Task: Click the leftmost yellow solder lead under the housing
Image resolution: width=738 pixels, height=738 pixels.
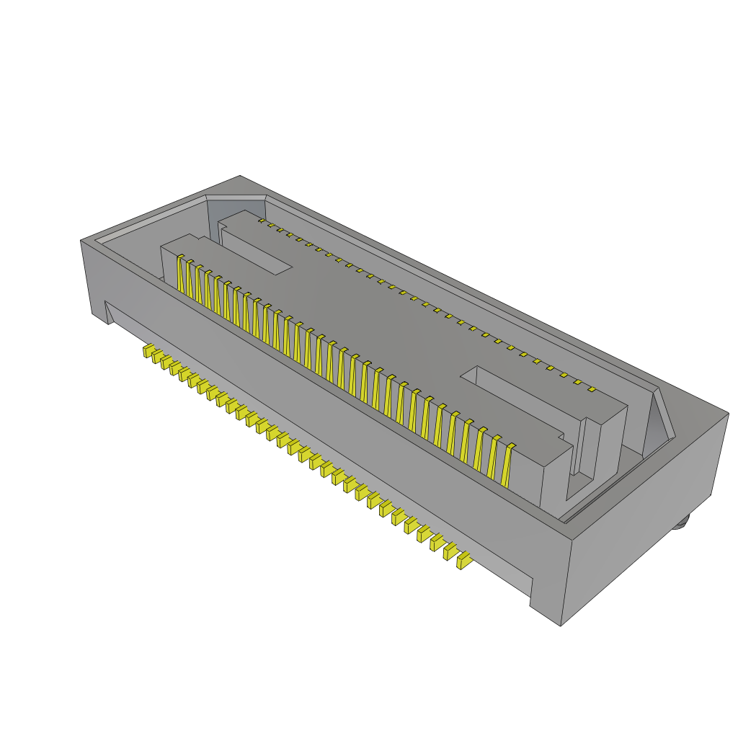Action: click(148, 352)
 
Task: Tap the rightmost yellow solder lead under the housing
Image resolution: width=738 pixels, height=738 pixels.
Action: click(463, 560)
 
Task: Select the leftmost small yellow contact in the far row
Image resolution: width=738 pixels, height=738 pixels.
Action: click(261, 222)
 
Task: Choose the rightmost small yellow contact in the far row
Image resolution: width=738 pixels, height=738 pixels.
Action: click(591, 390)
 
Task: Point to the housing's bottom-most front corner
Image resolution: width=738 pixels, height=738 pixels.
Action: click(561, 624)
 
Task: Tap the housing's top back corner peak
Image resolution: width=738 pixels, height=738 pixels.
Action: click(240, 176)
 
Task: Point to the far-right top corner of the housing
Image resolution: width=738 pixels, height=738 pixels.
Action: click(728, 414)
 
